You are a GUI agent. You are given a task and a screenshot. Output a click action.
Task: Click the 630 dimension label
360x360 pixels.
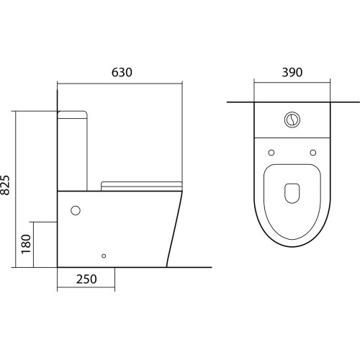[x=122, y=73]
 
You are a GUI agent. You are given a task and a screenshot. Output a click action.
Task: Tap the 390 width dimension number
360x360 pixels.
[x=292, y=73]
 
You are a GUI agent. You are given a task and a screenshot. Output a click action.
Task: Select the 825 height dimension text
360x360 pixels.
[x=5, y=185]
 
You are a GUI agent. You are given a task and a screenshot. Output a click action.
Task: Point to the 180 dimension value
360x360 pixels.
[x=26, y=244]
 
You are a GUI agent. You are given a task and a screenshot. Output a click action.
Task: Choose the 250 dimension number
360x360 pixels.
[x=86, y=279]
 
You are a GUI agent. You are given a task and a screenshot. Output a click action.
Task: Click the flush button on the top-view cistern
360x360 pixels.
[x=292, y=120]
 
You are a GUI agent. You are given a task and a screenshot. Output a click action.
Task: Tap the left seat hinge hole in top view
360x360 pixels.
[x=271, y=153]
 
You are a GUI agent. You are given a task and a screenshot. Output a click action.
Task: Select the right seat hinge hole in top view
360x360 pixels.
[x=313, y=153]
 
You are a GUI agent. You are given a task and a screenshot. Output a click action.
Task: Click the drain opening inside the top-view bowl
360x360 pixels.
[x=292, y=194]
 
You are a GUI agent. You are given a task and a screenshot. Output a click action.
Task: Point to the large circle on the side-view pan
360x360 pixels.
[x=76, y=210]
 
